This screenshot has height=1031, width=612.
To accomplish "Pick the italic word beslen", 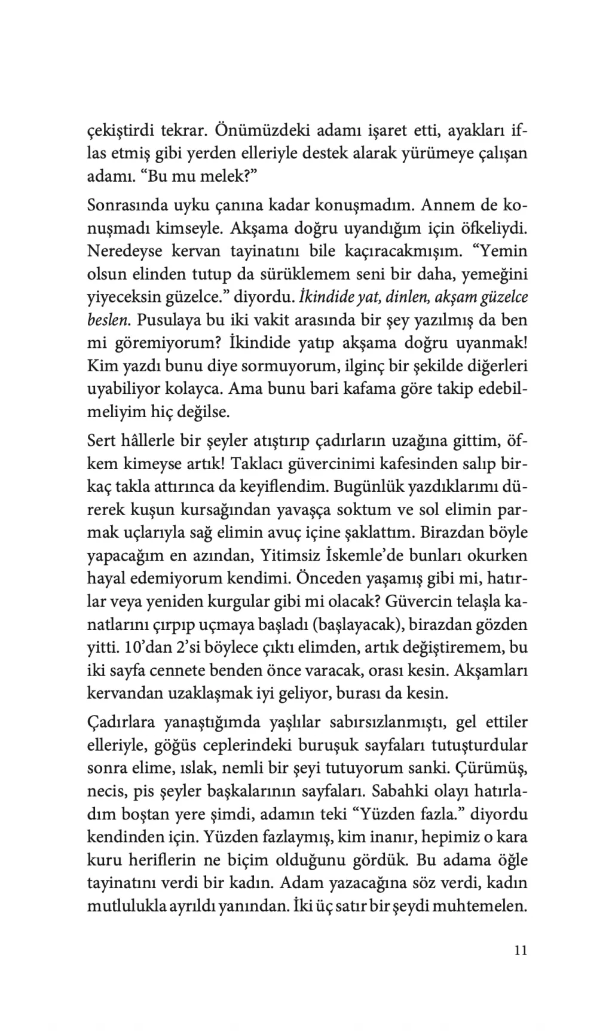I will tap(108, 320).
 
